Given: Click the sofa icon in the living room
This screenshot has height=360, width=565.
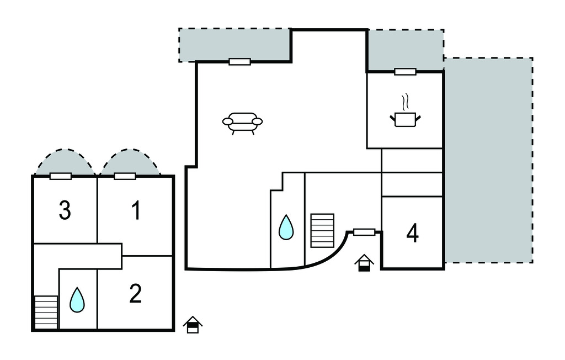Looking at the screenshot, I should (242, 123).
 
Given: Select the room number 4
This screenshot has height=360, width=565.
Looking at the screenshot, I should (412, 234).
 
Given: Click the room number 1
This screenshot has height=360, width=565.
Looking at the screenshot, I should (136, 211).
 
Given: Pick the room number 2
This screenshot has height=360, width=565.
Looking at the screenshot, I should (136, 294).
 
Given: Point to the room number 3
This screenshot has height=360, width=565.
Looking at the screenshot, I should (65, 211).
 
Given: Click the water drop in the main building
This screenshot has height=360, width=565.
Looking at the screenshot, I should (286, 227).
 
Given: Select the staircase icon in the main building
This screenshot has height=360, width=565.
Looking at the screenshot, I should (322, 230).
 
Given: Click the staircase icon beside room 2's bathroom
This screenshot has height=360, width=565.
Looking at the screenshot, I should (46, 311).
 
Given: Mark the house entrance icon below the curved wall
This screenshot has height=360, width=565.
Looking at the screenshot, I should (364, 263).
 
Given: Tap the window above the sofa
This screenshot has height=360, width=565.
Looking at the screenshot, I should (239, 61).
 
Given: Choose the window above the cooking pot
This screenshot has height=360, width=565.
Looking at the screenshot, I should (405, 71).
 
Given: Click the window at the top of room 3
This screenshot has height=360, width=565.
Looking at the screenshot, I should (60, 176).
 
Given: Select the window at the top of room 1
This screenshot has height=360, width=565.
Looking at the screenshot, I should (125, 176).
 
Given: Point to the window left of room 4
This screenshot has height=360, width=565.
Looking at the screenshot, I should (364, 232).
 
